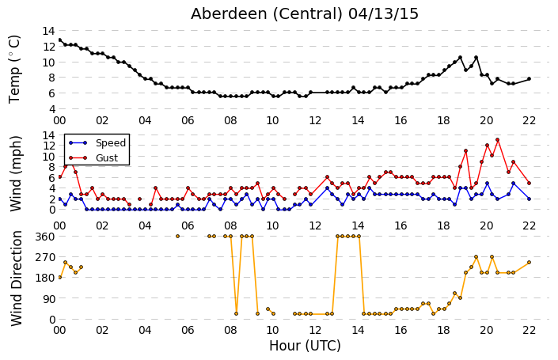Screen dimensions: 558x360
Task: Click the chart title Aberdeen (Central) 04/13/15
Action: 304,14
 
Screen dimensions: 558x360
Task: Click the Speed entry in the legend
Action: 111,142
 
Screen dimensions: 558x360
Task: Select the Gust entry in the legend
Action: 107,157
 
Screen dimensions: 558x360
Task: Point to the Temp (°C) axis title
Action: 14,70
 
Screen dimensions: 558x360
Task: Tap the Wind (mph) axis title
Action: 16,174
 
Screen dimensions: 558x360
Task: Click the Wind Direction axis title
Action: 17,279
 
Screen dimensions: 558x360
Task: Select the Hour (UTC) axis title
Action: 305,346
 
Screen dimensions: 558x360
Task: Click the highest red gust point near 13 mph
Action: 498,140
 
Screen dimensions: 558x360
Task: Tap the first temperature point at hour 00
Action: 60,40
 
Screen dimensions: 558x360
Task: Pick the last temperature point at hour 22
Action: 530,78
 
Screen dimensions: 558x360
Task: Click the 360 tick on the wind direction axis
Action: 45,237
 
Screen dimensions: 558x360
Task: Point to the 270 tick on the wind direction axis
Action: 45,257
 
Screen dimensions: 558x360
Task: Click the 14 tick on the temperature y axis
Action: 48,31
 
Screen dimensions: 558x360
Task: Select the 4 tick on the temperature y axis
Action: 51,109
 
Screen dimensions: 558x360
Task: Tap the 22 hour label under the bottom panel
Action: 530,330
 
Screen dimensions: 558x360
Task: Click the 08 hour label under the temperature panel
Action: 230,120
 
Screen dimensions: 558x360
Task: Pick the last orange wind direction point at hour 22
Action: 530,263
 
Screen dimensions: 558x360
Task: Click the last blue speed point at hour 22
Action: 530,199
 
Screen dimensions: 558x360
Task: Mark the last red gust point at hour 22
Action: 530,184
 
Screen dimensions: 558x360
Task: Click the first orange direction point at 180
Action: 60,278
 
